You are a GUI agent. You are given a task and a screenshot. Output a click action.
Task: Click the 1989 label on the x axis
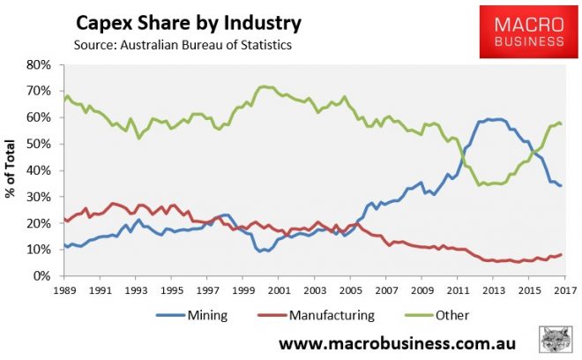(63, 290)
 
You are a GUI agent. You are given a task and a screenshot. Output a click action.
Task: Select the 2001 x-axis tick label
(278, 290)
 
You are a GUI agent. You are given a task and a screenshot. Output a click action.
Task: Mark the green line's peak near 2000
(262, 86)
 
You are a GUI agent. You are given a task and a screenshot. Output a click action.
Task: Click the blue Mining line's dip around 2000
(262, 251)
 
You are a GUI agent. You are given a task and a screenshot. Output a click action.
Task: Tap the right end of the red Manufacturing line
(561, 255)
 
